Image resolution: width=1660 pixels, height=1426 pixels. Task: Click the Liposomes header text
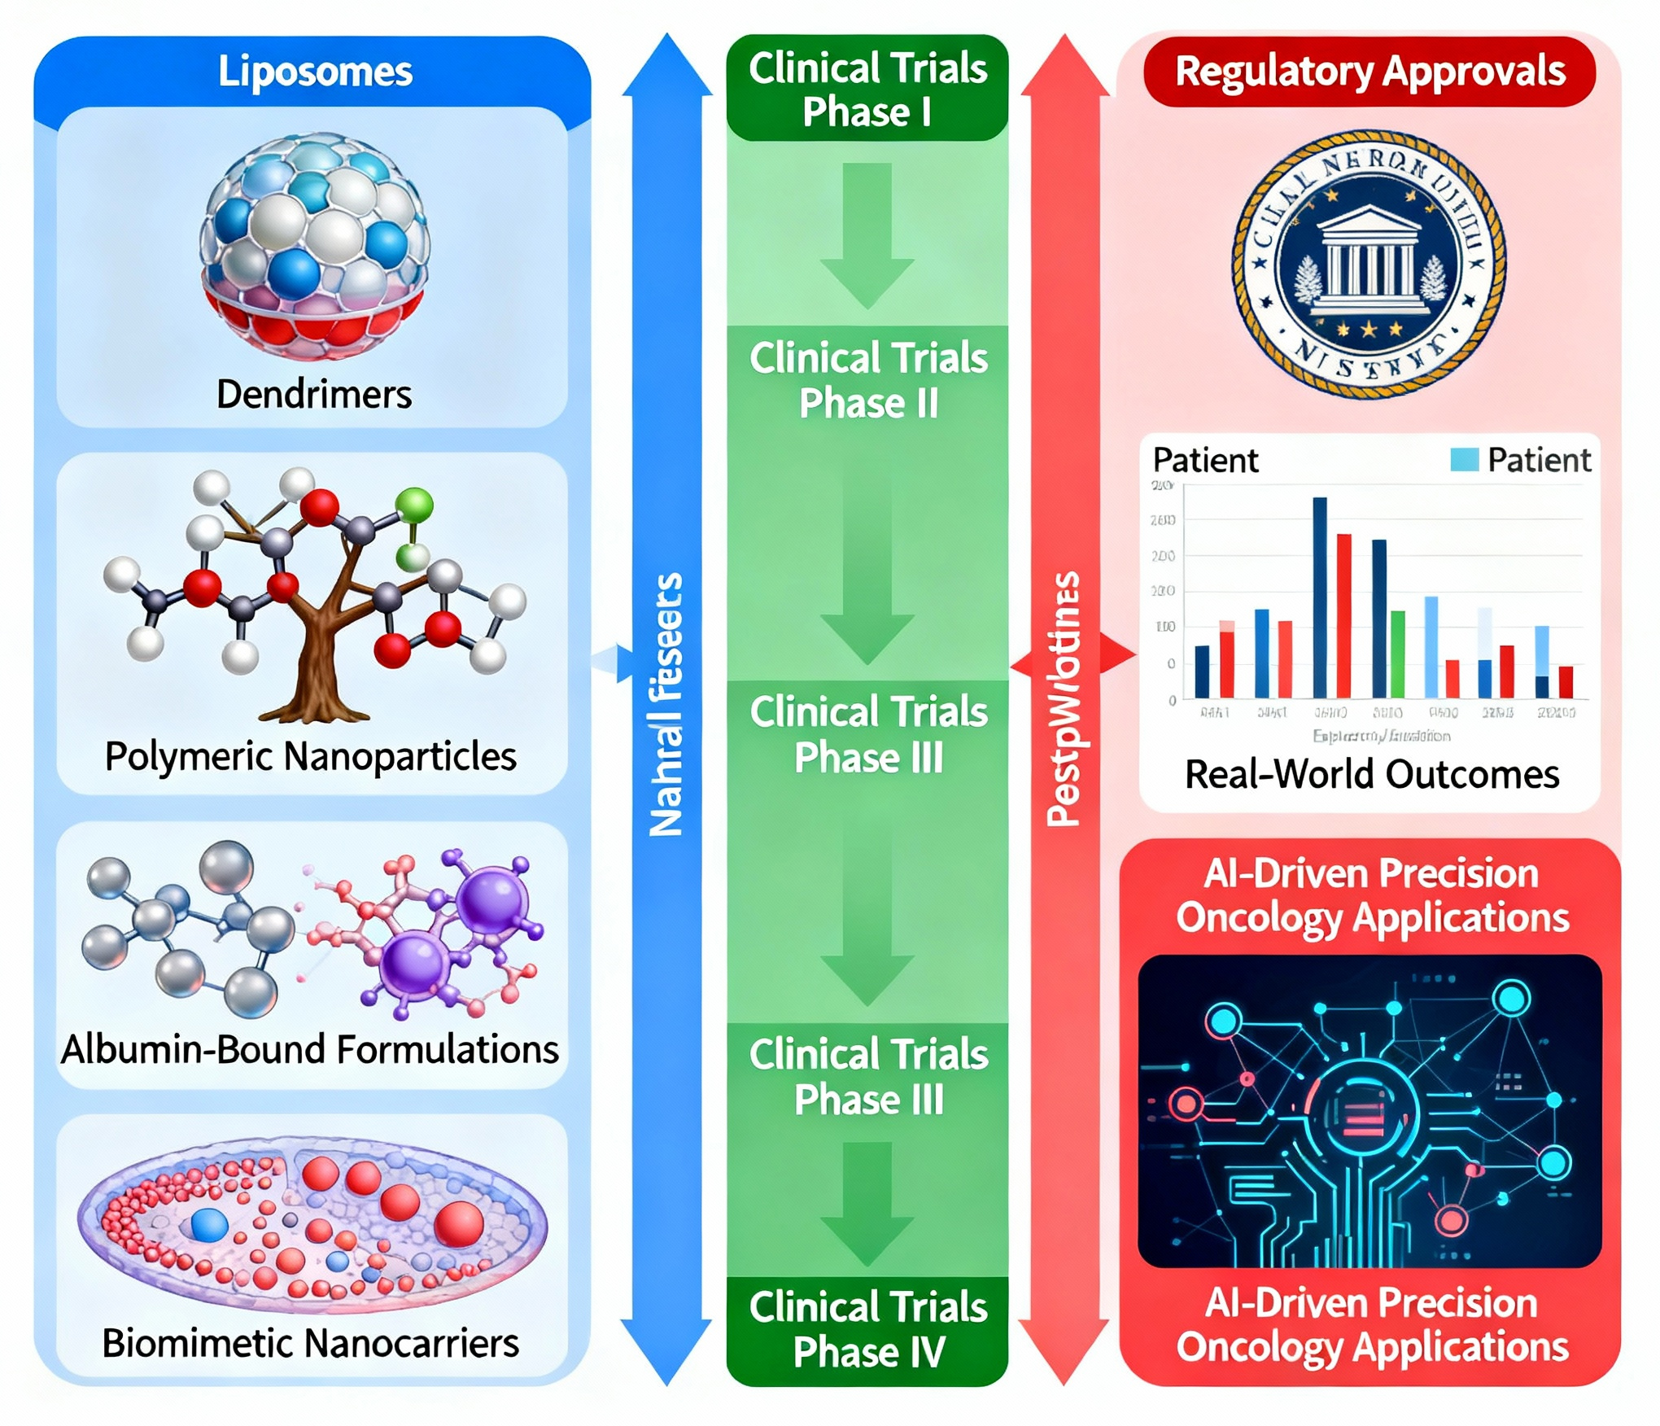pyautogui.click(x=315, y=72)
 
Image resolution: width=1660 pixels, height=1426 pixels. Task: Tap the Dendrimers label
pyautogui.click(x=314, y=395)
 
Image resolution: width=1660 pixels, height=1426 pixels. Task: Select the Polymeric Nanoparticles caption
pyautogui.click(x=311, y=756)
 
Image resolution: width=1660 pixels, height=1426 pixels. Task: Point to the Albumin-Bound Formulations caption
pyautogui.click(x=310, y=1049)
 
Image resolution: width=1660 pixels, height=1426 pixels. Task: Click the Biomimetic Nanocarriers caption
pyautogui.click(x=311, y=1343)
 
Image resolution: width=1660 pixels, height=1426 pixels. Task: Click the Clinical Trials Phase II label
pyautogui.click(x=868, y=381)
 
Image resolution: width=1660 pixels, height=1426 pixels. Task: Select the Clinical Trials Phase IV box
pyautogui.click(x=867, y=1329)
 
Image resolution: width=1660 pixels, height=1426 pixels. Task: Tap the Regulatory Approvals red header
pyautogui.click(x=1369, y=72)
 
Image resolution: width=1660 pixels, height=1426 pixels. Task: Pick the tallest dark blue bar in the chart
pyautogui.click(x=1320, y=597)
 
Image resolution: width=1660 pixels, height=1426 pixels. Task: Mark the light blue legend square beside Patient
pyautogui.click(x=1464, y=460)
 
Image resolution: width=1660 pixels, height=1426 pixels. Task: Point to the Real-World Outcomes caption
pyautogui.click(x=1372, y=774)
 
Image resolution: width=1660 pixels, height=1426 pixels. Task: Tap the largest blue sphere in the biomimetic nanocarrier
pyautogui.click(x=209, y=1224)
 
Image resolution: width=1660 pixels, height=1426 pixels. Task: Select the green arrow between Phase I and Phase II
pyautogui.click(x=867, y=236)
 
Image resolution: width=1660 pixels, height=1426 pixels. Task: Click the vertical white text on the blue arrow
pyautogui.click(x=666, y=705)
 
